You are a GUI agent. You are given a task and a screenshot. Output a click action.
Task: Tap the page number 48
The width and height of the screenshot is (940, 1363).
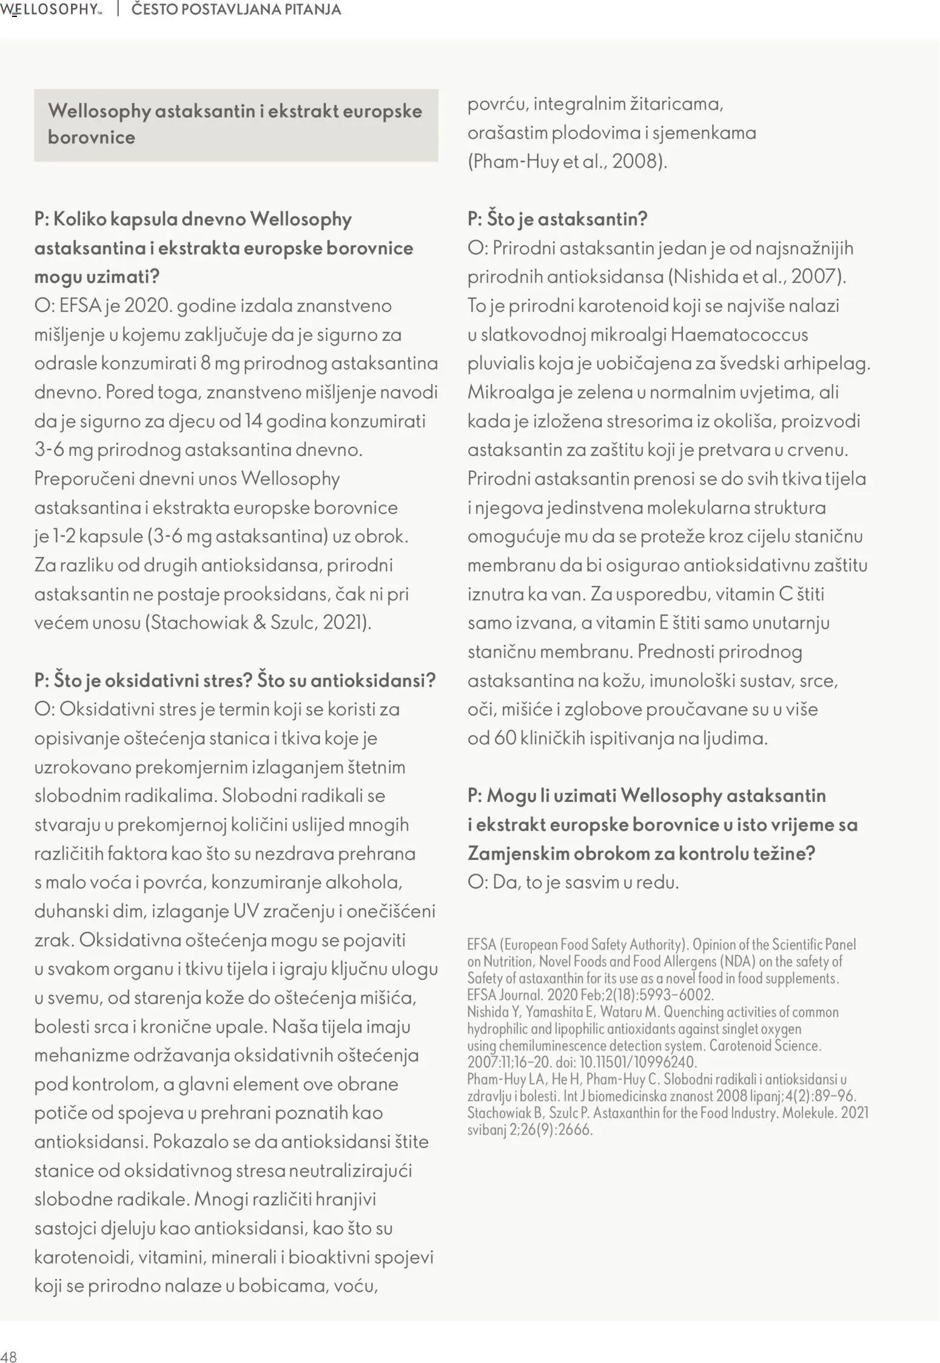click(x=9, y=1356)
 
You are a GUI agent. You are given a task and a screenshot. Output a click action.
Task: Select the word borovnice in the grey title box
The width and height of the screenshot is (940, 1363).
click(x=92, y=137)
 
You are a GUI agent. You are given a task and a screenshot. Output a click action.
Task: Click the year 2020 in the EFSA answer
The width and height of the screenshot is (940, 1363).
click(x=148, y=305)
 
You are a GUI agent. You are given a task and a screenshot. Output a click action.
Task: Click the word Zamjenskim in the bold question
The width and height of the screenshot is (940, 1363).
click(x=518, y=853)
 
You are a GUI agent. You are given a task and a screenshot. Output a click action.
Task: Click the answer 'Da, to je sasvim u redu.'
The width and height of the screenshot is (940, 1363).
click(x=573, y=882)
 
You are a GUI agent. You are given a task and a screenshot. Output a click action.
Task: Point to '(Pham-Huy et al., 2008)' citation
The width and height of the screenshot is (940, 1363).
click(x=567, y=161)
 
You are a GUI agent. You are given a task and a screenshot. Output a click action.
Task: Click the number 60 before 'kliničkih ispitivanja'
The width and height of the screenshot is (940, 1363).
click(x=505, y=738)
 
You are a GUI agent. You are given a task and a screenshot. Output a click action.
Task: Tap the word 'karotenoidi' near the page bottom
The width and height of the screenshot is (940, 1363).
click(x=83, y=1257)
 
